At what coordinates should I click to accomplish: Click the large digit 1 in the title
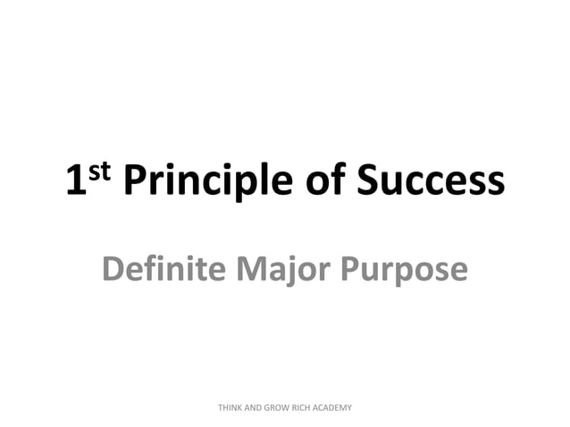pyautogui.click(x=75, y=182)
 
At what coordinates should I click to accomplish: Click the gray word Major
pyautogui.click(x=276, y=268)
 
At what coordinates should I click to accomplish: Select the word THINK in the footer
pyautogui.click(x=231, y=407)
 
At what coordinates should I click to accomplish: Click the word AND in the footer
pyautogui.click(x=256, y=407)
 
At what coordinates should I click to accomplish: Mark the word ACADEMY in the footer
pyautogui.click(x=335, y=407)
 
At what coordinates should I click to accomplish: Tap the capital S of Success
pyautogui.click(x=368, y=181)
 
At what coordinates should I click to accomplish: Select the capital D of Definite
pyautogui.click(x=113, y=267)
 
